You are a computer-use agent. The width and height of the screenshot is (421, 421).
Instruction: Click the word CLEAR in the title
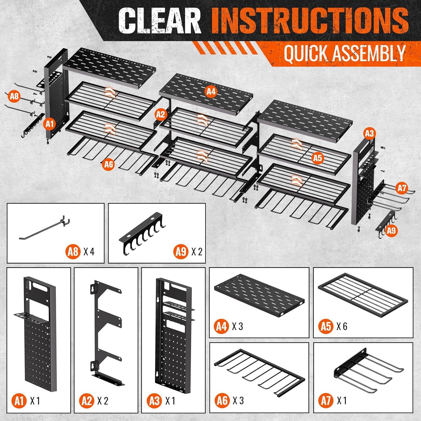coord(159,21)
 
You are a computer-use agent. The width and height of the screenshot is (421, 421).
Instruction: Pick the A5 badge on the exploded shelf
coord(317,158)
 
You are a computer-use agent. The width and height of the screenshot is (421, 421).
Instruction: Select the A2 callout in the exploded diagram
coord(161,115)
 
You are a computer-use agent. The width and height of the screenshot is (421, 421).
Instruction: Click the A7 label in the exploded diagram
coord(402,188)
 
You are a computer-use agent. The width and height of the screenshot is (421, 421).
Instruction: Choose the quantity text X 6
coord(341,326)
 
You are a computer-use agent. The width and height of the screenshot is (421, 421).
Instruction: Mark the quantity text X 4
coord(89,251)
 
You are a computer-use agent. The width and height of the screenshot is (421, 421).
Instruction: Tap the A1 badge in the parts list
coord(19,401)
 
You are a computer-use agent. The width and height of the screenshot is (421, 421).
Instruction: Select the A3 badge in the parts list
coord(154,401)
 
